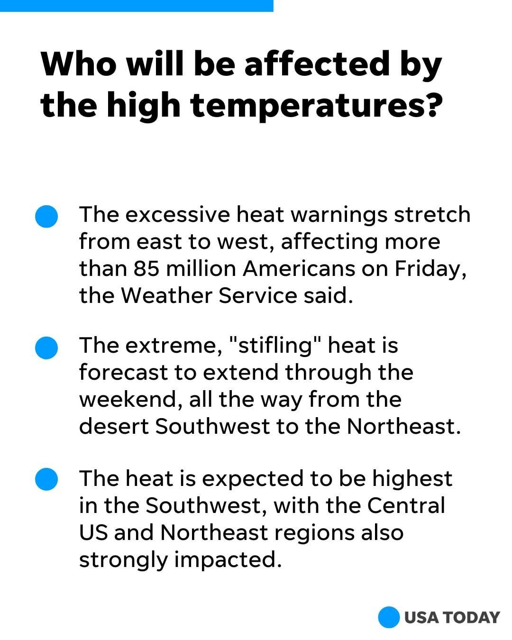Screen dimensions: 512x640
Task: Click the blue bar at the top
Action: pyautogui.click(x=137, y=6)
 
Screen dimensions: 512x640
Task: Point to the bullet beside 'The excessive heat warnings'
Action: pyautogui.click(x=46, y=216)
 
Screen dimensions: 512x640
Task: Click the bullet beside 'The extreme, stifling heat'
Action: pyautogui.click(x=46, y=347)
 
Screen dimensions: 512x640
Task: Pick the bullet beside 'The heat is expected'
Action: pyautogui.click(x=46, y=479)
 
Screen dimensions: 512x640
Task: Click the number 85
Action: pyautogui.click(x=146, y=268)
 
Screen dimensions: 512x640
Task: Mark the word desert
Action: pyautogui.click(x=114, y=427)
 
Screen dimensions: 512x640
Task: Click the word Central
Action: pyautogui.click(x=406, y=505)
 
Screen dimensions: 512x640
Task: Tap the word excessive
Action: pyautogui.click(x=178, y=214)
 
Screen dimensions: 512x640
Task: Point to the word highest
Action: pyautogui.click(x=412, y=480)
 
